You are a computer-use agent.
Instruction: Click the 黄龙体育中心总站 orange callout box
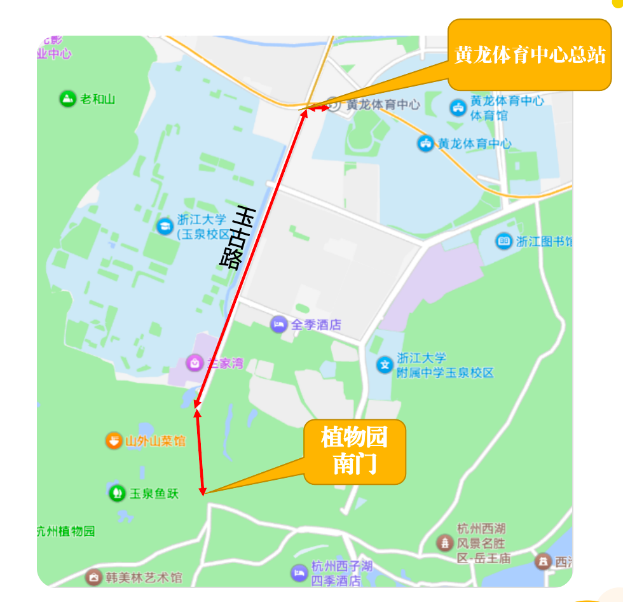530,55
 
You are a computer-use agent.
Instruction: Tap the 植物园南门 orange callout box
354,451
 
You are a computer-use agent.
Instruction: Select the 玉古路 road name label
236,236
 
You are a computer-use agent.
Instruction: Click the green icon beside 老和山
67,99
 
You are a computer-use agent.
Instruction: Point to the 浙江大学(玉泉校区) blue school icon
164,225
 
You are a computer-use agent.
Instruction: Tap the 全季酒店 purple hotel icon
278,325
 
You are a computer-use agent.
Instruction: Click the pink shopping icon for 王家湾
194,363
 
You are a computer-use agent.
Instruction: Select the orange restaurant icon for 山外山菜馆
114,440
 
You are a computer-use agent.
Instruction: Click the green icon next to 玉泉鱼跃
117,493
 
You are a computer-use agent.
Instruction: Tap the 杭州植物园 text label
65,531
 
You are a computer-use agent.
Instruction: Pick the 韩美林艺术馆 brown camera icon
94,577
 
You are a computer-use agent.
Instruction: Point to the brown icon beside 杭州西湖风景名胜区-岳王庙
444,543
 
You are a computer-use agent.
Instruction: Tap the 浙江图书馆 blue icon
503,241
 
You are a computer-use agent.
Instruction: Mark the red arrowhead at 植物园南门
203,490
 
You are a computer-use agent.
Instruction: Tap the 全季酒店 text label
316,325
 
